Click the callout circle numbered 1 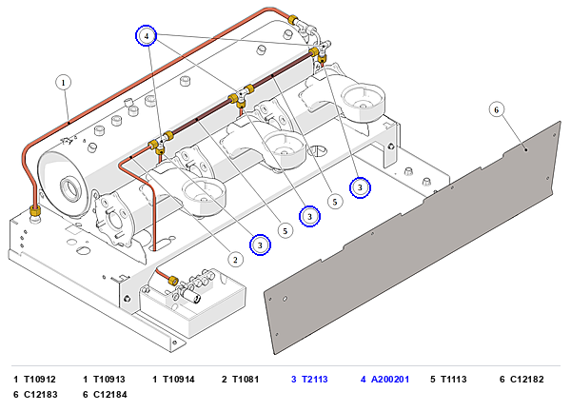coord(64,83)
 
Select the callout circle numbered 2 coord(235,260)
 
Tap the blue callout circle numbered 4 coord(147,35)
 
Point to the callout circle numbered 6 coord(496,109)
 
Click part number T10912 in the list coord(40,380)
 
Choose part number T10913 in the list coord(109,380)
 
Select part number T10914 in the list coord(179,380)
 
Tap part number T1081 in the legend coord(246,380)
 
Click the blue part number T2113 coord(315,380)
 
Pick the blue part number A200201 coord(390,380)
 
